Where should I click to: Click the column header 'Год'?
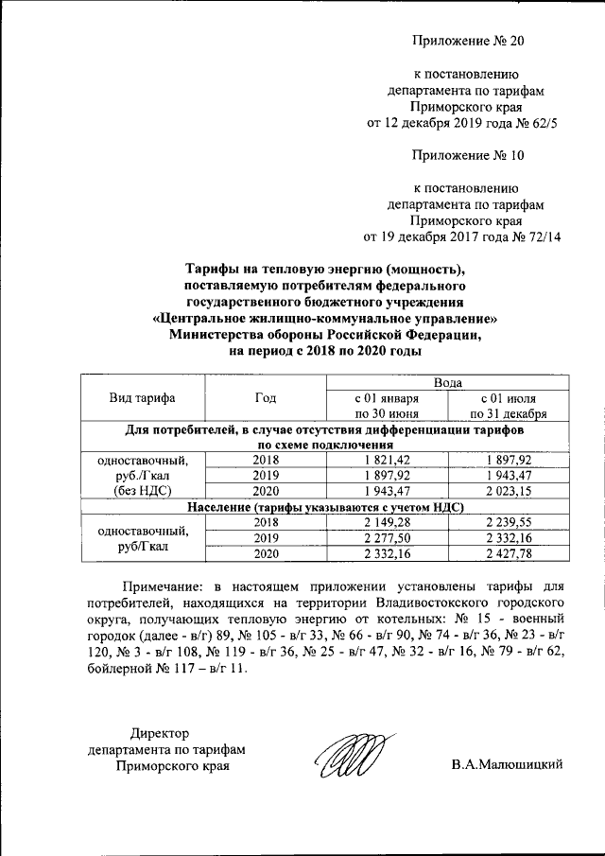pyautogui.click(x=266, y=398)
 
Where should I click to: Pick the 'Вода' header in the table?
pyautogui.click(x=448, y=383)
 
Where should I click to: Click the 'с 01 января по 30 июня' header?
pyautogui.click(x=386, y=406)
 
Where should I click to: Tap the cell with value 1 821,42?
pyautogui.click(x=386, y=460)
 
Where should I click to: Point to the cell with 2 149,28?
pyautogui.click(x=386, y=522)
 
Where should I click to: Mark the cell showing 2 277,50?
pyautogui.click(x=386, y=537)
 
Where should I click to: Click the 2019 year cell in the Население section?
pyautogui.click(x=266, y=537)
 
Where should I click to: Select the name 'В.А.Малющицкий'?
pyautogui.click(x=507, y=765)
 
